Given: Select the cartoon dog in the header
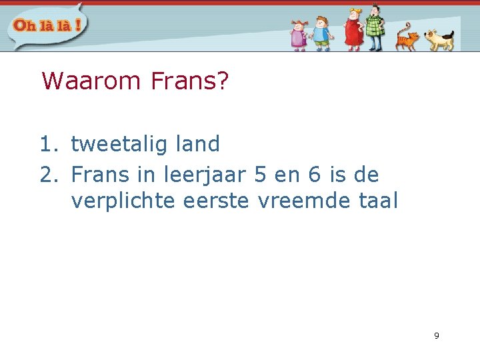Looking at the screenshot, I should [439, 39].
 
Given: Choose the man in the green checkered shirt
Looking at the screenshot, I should [375, 27].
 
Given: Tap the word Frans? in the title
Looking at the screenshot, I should [190, 81].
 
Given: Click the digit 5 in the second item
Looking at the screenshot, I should [261, 175].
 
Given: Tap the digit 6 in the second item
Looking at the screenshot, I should [314, 175].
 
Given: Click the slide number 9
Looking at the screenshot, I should [437, 335].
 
